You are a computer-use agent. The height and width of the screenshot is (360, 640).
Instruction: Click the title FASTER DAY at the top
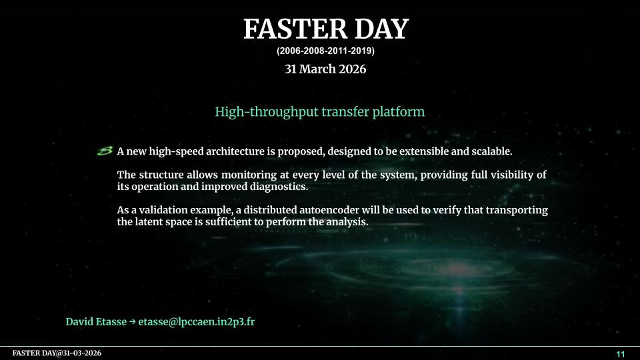(x=326, y=29)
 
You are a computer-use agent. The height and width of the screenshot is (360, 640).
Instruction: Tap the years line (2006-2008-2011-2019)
(x=325, y=51)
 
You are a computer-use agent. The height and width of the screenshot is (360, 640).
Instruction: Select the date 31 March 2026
(x=325, y=69)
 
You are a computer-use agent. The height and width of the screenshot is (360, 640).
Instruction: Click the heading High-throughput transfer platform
(x=319, y=112)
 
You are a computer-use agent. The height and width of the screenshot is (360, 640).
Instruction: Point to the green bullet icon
(x=105, y=151)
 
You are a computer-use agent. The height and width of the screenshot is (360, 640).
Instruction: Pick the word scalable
(x=492, y=151)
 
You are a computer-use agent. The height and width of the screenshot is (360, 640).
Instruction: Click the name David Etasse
(x=96, y=321)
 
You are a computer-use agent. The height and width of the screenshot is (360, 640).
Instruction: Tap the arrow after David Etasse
(x=132, y=321)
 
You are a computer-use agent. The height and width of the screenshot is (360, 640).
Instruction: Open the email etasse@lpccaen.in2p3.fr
(x=196, y=321)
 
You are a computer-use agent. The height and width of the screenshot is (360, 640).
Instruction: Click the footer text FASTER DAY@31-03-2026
(x=57, y=353)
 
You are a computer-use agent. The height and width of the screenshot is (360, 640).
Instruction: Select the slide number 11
(x=621, y=354)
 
